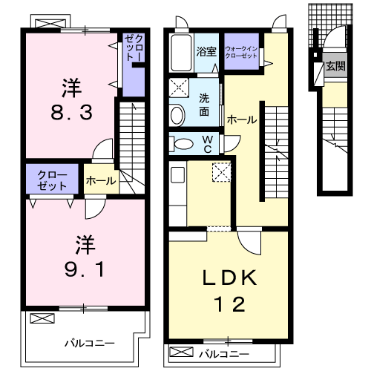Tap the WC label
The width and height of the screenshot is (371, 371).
(x=208, y=143)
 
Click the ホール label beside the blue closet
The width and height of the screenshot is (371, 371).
(x=99, y=180)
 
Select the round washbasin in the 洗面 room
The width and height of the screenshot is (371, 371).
(x=177, y=114)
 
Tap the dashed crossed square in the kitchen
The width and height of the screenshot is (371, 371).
(x=220, y=172)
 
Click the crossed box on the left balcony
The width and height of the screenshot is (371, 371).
(x=42, y=319)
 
